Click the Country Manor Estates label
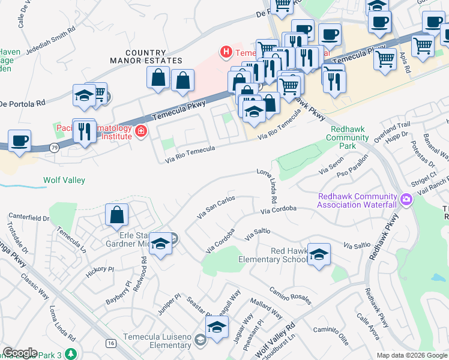146,57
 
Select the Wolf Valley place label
64,180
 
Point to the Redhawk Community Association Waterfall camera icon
406,199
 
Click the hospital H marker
226,52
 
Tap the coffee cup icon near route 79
19,142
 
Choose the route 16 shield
111,343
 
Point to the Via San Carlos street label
216,207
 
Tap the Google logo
20,353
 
